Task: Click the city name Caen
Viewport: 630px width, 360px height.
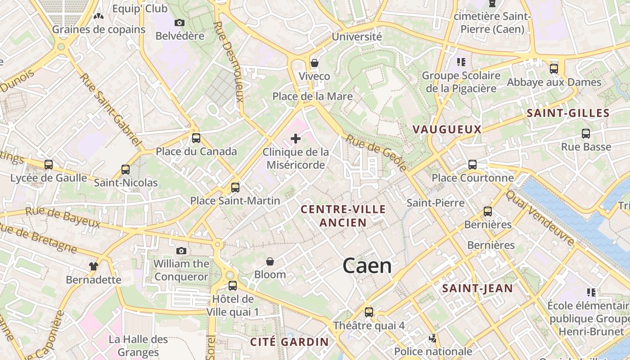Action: (367, 266)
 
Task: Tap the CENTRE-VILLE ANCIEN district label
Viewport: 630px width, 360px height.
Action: (343, 216)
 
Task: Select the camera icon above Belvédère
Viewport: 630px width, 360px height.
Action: (179, 22)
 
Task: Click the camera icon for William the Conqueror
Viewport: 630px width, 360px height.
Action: (181, 251)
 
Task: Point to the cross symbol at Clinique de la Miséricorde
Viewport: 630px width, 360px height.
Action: (295, 139)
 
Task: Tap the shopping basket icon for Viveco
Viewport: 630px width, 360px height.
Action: (315, 63)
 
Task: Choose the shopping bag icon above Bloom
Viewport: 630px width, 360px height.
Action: (270, 261)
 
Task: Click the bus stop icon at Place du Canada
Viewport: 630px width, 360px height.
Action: (196, 138)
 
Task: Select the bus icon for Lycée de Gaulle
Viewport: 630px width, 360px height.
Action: (49, 165)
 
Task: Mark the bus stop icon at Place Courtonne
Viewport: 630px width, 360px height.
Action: (472, 165)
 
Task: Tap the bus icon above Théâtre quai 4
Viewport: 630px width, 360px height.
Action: (369, 312)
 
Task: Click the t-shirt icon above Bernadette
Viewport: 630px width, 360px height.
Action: (93, 266)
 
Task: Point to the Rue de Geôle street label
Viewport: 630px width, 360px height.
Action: (376, 153)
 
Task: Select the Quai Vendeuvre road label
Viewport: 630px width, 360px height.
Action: (540, 218)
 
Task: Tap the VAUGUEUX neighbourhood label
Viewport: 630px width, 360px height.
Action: (447, 130)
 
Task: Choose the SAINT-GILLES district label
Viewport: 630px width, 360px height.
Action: (568, 113)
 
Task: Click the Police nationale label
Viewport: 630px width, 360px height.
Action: (433, 351)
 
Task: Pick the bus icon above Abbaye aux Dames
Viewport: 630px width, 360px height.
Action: (554, 69)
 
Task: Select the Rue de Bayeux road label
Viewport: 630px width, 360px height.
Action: (63, 217)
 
